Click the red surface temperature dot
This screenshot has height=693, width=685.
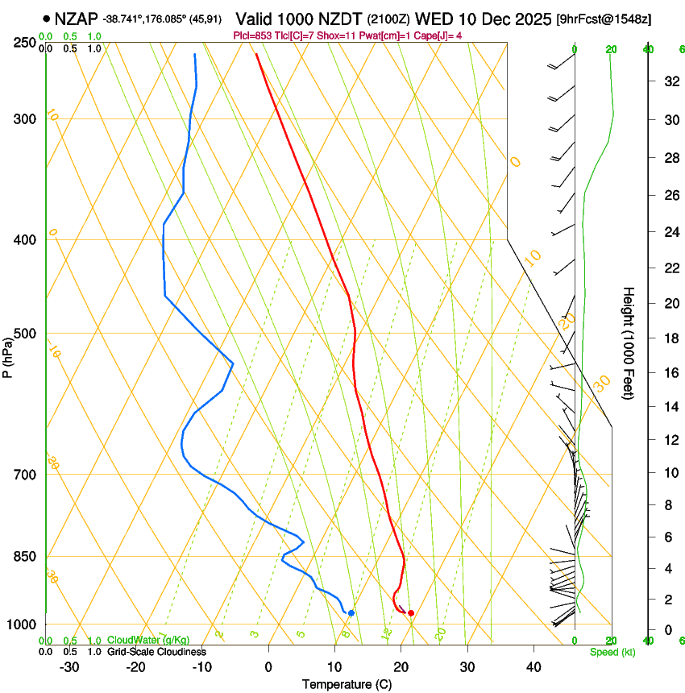click(411, 613)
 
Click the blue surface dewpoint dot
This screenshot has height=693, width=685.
click(351, 613)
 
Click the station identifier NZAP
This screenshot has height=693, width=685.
click(77, 18)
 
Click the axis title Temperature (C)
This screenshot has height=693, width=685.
click(347, 684)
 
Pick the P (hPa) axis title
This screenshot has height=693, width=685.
click(8, 356)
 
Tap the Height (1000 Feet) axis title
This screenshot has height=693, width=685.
click(629, 342)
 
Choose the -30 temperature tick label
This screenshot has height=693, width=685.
click(69, 667)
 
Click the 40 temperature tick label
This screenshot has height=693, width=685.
click(533, 667)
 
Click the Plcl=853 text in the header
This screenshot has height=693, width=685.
click(252, 35)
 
